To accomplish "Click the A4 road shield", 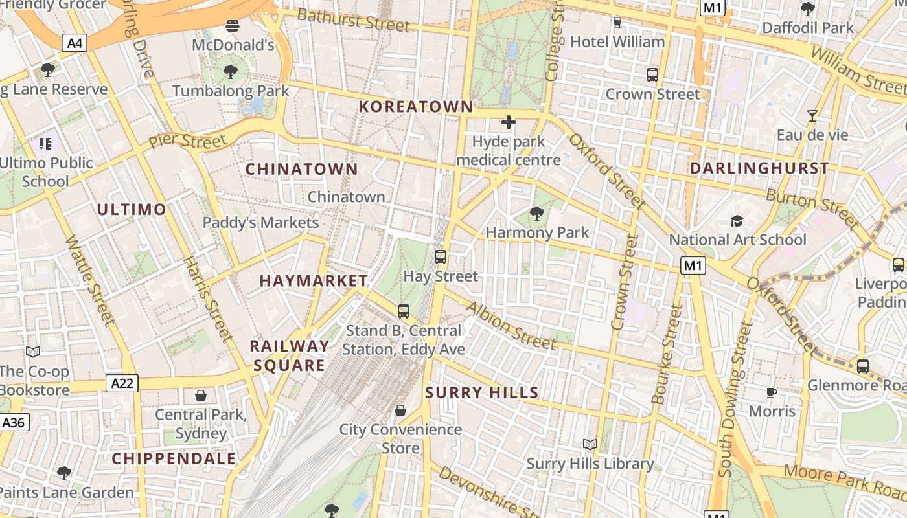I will click(75, 43).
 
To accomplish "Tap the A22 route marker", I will click(122, 383).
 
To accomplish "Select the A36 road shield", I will click(13, 423).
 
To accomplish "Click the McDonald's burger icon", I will click(233, 26).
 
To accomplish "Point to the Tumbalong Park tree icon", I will click(230, 71).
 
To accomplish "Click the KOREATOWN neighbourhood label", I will click(416, 107).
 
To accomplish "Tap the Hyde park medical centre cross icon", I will click(509, 122).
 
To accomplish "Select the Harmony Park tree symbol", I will click(536, 213).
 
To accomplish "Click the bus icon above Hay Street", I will click(441, 257).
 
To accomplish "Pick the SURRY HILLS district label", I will click(482, 392).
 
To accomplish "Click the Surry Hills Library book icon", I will click(590, 444).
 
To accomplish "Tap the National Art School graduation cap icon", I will click(737, 221).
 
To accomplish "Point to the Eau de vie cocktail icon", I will click(812, 116).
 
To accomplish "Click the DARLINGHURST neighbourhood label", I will click(759, 168).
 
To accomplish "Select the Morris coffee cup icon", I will click(771, 392).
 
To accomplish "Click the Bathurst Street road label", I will click(353, 20).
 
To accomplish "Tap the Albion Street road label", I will click(511, 326).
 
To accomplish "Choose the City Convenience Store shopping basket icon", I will click(400, 411).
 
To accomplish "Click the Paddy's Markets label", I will click(260, 223).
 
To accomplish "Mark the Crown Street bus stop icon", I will click(652, 74).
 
